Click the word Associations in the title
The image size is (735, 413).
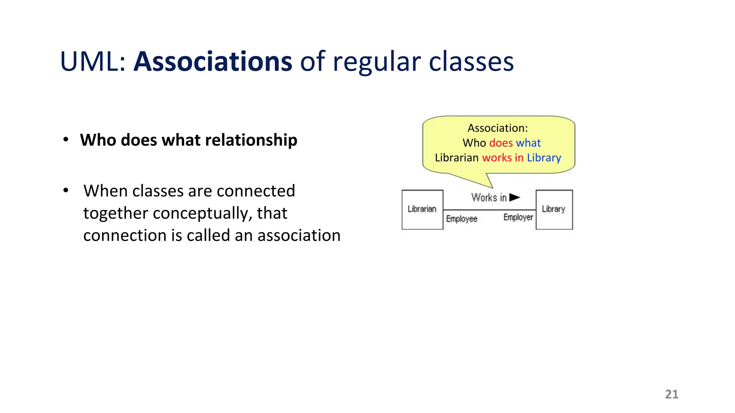[213, 62]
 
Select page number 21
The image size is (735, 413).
[671, 394]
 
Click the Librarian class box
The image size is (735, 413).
[422, 209]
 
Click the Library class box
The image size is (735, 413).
[554, 209]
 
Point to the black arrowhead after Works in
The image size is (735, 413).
[514, 197]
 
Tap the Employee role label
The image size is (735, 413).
[462, 219]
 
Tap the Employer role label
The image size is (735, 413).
[518, 217]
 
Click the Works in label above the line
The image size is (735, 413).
[489, 198]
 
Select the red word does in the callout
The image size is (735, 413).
[501, 143]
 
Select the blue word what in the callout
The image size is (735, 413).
[528, 143]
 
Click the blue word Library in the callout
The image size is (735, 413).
[544, 158]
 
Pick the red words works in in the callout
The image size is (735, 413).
[503, 158]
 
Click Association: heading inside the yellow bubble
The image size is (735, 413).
[497, 128]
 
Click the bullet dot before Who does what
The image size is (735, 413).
[66, 139]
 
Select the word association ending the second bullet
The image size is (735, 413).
[299, 236]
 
